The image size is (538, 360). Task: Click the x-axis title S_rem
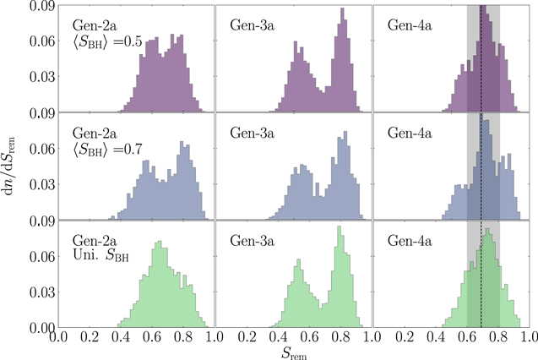click(293, 352)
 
